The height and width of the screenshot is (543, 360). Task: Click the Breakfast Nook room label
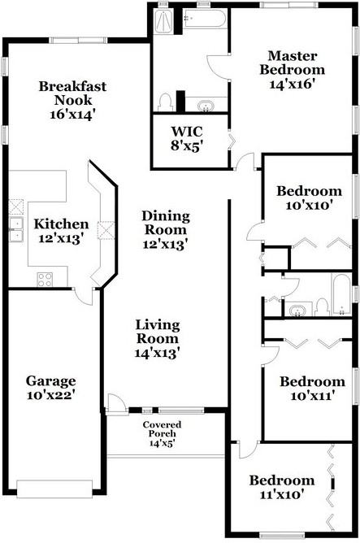tap(73, 88)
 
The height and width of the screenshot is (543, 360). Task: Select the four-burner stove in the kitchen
tap(46, 279)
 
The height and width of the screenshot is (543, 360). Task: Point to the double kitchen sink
tap(15, 230)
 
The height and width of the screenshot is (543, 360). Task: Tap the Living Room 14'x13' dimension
tap(157, 353)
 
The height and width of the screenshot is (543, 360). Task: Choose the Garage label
tap(50, 380)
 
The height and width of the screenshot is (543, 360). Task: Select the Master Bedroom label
tap(292, 63)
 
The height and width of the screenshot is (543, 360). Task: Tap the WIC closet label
tap(186, 131)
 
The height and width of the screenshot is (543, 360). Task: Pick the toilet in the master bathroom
tap(167, 102)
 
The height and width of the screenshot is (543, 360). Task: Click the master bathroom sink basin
tap(206, 105)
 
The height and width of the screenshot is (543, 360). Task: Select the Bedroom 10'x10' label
tap(309, 192)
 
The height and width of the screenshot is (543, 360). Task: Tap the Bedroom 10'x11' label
tap(312, 381)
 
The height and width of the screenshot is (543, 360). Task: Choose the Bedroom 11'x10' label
tap(281, 480)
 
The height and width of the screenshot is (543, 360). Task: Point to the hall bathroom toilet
tap(322, 306)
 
